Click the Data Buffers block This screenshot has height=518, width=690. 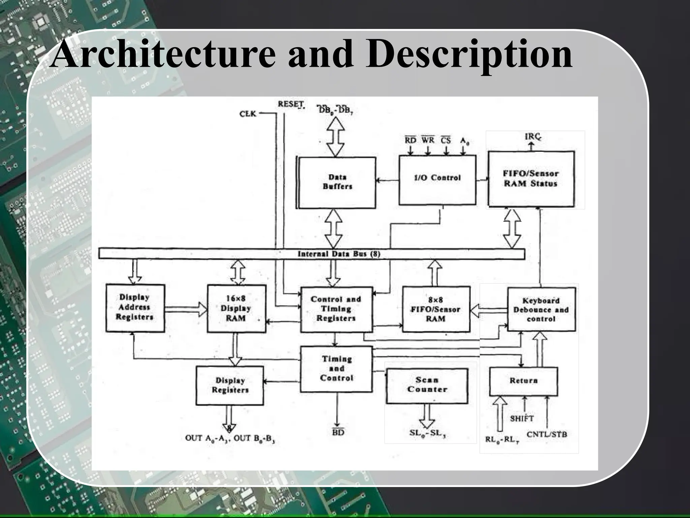[x=337, y=182]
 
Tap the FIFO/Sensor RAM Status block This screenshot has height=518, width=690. [x=531, y=179]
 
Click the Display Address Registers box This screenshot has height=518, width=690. [x=135, y=308]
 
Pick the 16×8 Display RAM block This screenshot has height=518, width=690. [x=236, y=309]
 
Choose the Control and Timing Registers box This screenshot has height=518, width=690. [x=336, y=309]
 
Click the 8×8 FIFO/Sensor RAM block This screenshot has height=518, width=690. [x=436, y=309]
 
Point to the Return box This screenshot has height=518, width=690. [x=523, y=381]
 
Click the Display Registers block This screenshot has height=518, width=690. [x=230, y=385]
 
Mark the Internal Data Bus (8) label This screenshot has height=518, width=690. [x=339, y=254]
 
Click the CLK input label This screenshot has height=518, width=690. [x=248, y=114]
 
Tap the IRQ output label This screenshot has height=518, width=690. [x=533, y=137]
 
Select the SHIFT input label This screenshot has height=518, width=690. [x=522, y=419]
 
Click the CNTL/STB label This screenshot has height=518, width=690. [x=547, y=434]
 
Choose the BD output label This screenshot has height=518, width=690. [x=338, y=432]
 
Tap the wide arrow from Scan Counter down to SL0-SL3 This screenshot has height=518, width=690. [x=427, y=416]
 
